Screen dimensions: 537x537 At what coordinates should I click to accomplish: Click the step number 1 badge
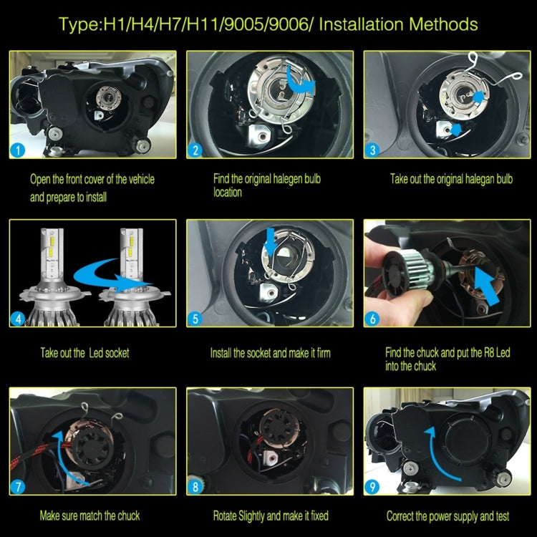click(19, 150)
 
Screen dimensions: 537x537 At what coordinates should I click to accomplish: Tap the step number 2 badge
click(195, 150)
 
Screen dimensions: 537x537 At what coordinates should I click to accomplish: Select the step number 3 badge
click(373, 150)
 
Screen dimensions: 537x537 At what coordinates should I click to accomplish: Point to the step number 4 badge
click(19, 319)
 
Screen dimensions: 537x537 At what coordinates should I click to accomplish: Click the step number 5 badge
click(195, 319)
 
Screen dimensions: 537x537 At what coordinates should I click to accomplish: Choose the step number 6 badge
click(373, 319)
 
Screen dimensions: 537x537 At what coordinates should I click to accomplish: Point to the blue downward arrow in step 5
click(269, 241)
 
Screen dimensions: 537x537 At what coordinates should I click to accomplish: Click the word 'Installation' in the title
click(364, 24)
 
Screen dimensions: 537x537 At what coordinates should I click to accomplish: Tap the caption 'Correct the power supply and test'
click(448, 516)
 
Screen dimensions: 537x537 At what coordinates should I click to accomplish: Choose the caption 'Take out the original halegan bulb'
click(451, 179)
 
